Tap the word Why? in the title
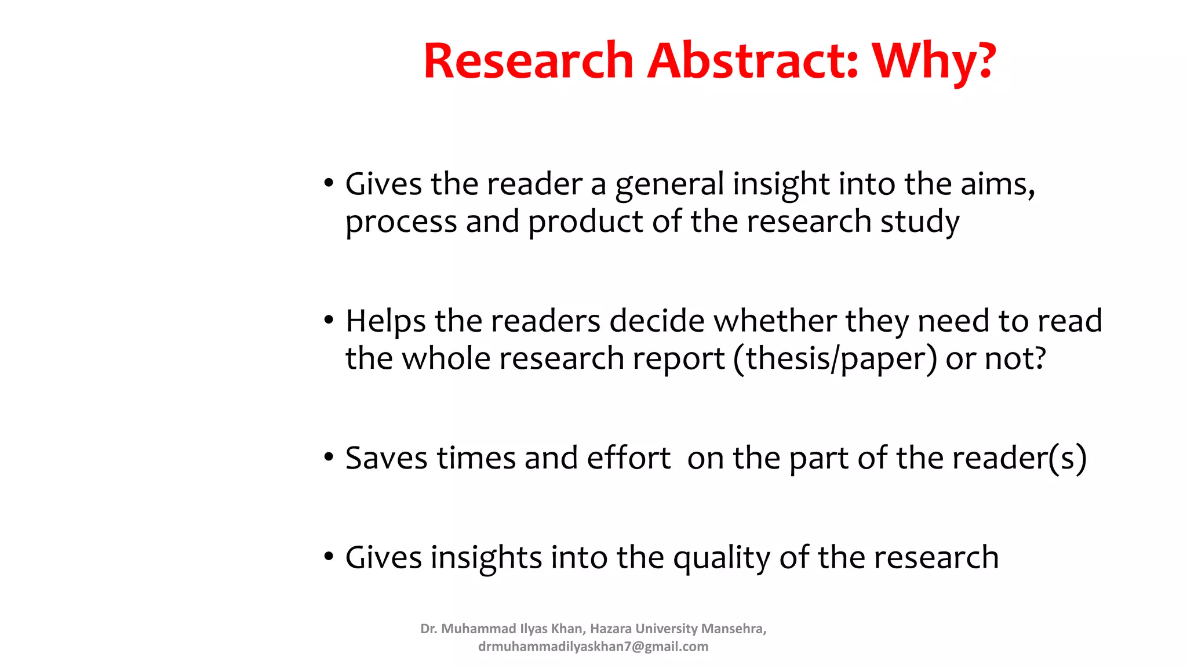[x=934, y=61]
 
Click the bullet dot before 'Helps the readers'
[x=329, y=320]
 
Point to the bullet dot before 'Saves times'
[x=329, y=458]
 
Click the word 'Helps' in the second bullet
[x=386, y=322]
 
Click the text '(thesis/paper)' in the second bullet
[x=835, y=359]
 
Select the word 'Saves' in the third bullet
[x=387, y=458]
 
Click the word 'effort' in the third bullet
[x=628, y=458]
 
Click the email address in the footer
[x=593, y=647]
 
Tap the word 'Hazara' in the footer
[x=611, y=629]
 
